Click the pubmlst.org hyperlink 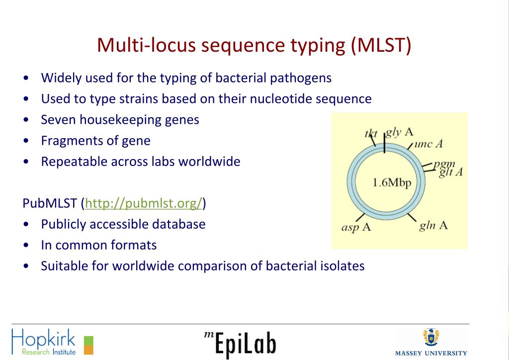[x=144, y=203]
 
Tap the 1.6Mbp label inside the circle [x=392, y=182]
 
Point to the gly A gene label [x=400, y=132]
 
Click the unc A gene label [x=428, y=144]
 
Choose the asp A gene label [x=356, y=228]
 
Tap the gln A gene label [x=433, y=226]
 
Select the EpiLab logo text [x=241, y=344]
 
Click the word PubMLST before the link [x=50, y=203]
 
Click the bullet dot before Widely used [x=25, y=79]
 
